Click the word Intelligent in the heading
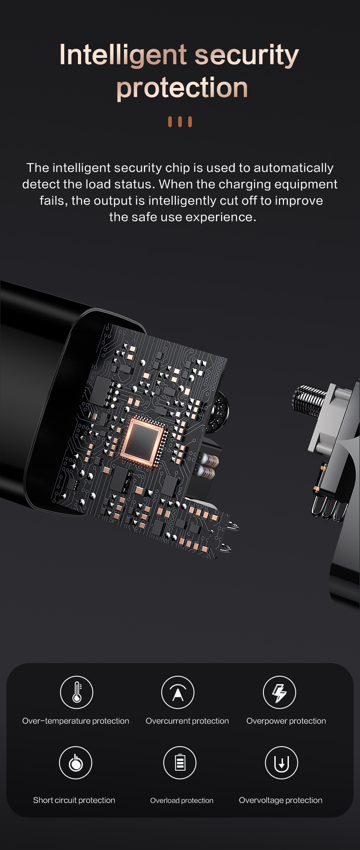click(x=123, y=56)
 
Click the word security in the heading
click(x=247, y=56)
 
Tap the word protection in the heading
click(x=182, y=88)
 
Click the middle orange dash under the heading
click(x=180, y=122)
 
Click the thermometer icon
click(x=77, y=692)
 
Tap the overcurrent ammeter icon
click(x=178, y=692)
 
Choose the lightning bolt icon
click(x=279, y=692)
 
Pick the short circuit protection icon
click(x=76, y=762)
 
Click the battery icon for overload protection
click(x=180, y=762)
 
